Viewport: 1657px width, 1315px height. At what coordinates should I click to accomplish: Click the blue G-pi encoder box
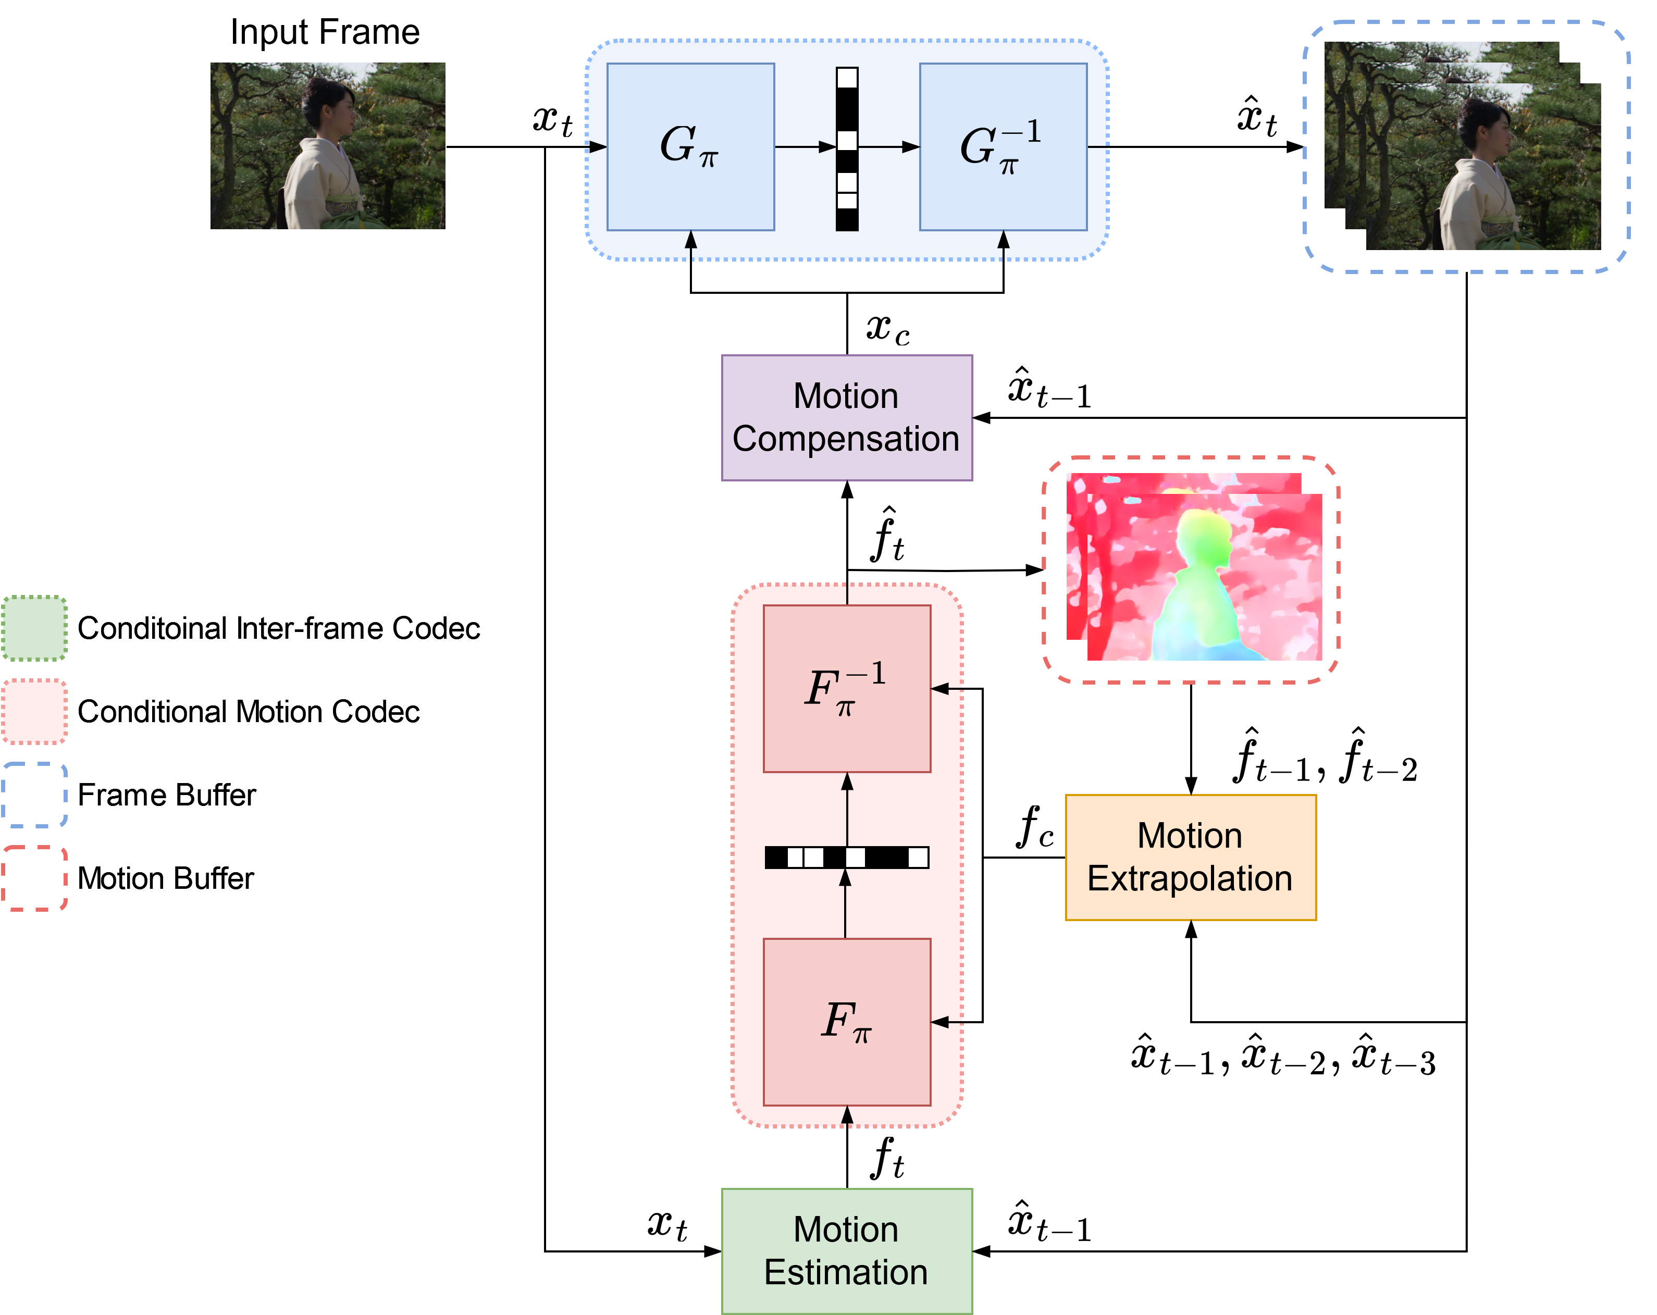(x=690, y=146)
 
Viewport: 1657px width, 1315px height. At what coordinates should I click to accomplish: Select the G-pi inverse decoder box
(x=1003, y=146)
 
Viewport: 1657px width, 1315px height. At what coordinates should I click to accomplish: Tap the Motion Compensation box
(x=846, y=417)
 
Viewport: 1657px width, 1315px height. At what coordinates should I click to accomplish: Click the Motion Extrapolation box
(x=1190, y=857)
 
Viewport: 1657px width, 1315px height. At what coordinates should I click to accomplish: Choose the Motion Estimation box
(x=846, y=1250)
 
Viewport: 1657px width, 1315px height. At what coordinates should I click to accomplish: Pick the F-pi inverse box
(x=846, y=688)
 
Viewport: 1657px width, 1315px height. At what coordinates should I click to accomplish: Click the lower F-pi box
(x=846, y=1021)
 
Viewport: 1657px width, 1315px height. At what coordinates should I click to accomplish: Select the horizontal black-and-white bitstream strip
(x=846, y=857)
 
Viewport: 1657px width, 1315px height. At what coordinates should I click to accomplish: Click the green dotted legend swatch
(x=34, y=628)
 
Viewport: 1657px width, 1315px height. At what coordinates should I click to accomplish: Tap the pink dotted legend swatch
(x=34, y=711)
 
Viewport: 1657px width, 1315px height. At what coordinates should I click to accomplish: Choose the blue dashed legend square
(x=34, y=795)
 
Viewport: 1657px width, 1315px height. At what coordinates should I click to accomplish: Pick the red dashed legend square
(x=34, y=878)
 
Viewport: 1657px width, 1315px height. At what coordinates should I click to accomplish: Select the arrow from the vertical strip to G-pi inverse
(x=888, y=146)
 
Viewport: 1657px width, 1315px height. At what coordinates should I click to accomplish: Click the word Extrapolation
(x=1190, y=878)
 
